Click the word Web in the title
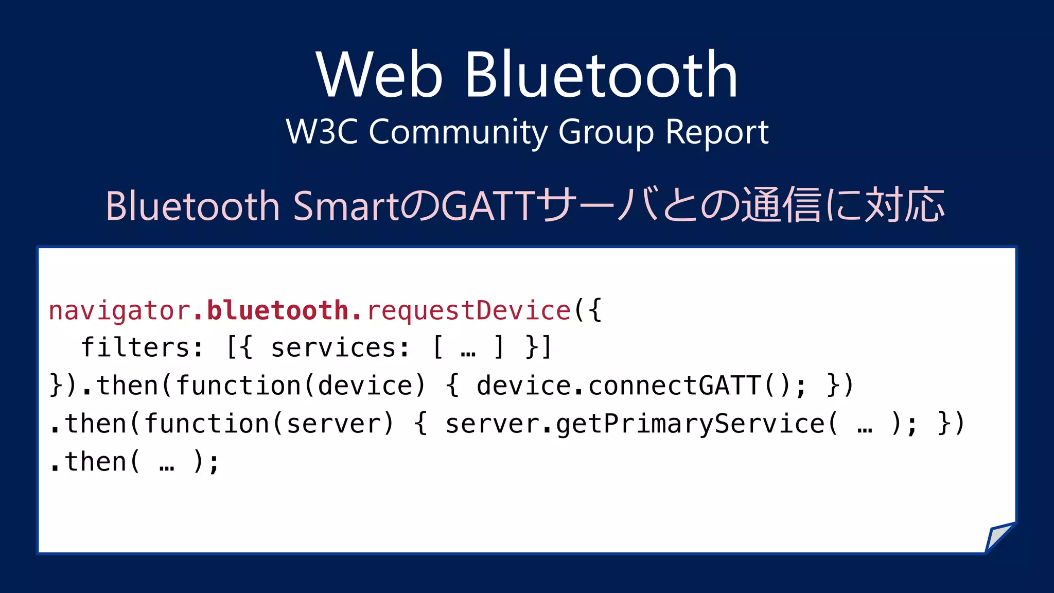pyautogui.click(x=379, y=75)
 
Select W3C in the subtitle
pyautogui.click(x=322, y=132)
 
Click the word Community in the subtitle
pyautogui.click(x=458, y=133)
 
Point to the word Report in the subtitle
pyautogui.click(x=717, y=132)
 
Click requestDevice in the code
pyautogui.click(x=469, y=311)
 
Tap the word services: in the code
pyautogui.click(x=340, y=348)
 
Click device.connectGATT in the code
pyautogui.click(x=618, y=386)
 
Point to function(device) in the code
pyautogui.click(x=301, y=386)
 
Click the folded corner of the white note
pyautogui.click(x=999, y=538)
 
